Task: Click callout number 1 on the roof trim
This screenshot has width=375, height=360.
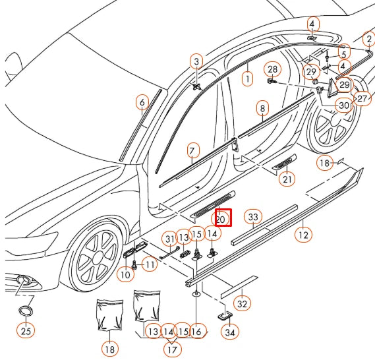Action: [x=247, y=78]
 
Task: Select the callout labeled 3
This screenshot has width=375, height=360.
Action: [x=196, y=62]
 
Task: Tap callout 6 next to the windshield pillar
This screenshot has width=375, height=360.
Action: [x=141, y=102]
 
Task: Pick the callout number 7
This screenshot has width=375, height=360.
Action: [x=192, y=149]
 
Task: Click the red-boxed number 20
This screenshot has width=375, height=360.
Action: [x=221, y=218]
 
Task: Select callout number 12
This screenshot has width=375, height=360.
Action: [x=303, y=233]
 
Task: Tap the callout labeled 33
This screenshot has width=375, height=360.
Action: [x=253, y=217]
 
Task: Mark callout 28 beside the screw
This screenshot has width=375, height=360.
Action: [x=273, y=69]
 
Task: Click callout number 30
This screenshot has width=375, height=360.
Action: [x=343, y=105]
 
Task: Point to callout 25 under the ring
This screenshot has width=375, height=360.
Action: [x=25, y=331]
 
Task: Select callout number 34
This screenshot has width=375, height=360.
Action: [x=229, y=333]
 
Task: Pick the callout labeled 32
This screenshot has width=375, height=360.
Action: [x=243, y=303]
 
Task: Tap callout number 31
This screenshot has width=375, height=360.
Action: [x=170, y=238]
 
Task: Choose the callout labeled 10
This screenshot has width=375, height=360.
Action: [x=125, y=273]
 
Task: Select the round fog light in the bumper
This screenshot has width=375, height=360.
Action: [x=24, y=282]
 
